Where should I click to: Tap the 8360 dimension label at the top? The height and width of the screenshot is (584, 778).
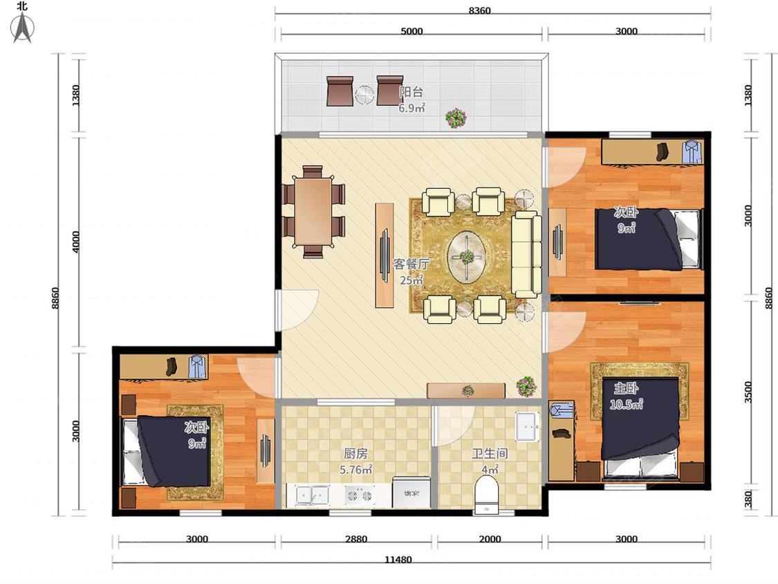click(479, 10)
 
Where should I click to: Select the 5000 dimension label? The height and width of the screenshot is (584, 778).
click(411, 30)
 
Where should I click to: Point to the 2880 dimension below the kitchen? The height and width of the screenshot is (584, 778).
click(355, 538)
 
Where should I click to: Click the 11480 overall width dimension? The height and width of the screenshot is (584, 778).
click(398, 559)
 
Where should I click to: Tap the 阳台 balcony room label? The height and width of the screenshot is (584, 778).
click(411, 92)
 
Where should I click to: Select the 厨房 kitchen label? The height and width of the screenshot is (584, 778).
click(355, 453)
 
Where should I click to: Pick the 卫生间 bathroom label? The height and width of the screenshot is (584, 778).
click(490, 453)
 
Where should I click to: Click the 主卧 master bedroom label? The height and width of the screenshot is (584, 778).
click(626, 388)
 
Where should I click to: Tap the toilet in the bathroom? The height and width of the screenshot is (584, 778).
click(486, 495)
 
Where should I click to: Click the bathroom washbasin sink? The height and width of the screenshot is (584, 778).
click(528, 426)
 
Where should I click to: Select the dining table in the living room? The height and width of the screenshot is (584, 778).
click(313, 212)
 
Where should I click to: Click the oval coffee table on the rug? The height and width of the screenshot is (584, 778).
click(466, 256)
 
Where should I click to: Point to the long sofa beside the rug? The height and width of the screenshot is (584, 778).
click(526, 254)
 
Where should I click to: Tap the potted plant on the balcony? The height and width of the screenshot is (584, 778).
click(456, 118)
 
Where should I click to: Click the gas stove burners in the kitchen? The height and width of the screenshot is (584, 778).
click(359, 495)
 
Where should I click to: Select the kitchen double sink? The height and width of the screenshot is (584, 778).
click(312, 495)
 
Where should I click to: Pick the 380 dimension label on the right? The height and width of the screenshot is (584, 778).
click(748, 499)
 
